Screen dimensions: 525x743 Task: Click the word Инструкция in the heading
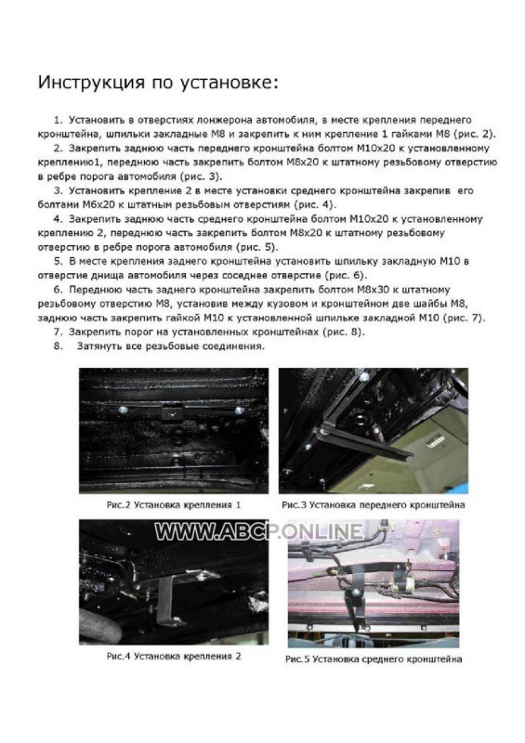click(x=91, y=82)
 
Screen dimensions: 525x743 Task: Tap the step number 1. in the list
click(x=59, y=120)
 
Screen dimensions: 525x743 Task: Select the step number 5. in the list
click(x=59, y=261)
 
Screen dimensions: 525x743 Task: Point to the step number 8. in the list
click(x=59, y=345)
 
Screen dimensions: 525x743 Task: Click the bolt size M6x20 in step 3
click(x=88, y=204)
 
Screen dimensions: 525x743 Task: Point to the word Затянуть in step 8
click(x=98, y=346)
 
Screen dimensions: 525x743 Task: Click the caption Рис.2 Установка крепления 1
click(x=174, y=505)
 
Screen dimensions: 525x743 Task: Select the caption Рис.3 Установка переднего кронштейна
click(x=374, y=505)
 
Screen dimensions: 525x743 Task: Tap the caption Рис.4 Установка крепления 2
click(x=174, y=657)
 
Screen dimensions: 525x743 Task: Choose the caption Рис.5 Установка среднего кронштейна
click(x=374, y=659)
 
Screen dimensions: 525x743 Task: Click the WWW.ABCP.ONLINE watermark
click(x=259, y=531)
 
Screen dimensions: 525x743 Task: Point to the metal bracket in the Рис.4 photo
click(x=168, y=597)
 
